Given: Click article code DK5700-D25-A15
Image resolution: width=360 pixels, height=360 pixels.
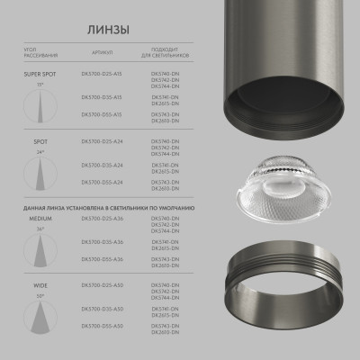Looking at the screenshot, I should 101,76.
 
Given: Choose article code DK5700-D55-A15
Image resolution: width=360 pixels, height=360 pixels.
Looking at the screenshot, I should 101,114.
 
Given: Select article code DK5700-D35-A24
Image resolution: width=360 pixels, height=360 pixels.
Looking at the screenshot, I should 101,165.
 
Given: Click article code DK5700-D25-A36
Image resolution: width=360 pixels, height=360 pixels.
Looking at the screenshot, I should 101,220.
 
